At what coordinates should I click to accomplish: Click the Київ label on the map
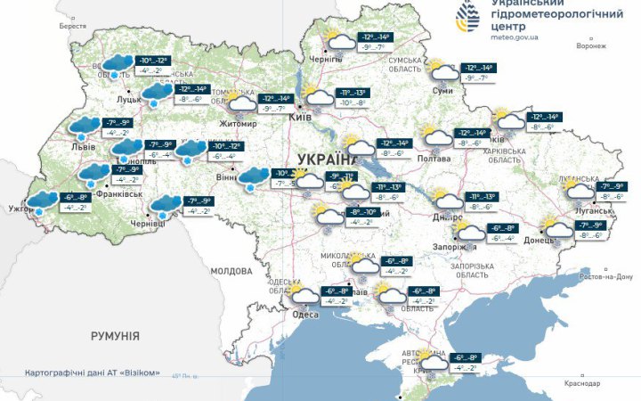(301, 117)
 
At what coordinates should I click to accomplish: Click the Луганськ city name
(594, 211)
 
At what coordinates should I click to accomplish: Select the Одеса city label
(307, 312)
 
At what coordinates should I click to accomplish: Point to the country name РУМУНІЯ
(115, 336)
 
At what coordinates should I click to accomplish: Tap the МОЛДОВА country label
(231, 270)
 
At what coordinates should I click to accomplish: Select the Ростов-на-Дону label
(605, 277)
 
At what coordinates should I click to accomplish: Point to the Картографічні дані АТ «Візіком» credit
(93, 372)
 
